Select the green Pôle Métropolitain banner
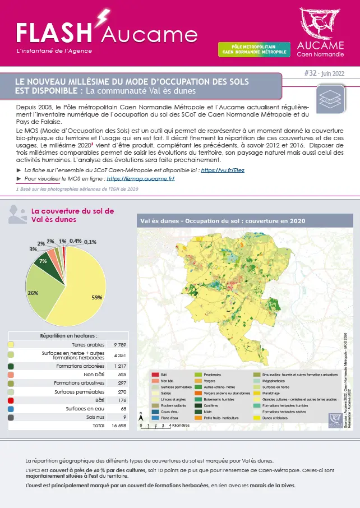coord(253,50)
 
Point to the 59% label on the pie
coord(96,297)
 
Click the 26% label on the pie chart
coord(33,293)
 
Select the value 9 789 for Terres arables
coord(119,345)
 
